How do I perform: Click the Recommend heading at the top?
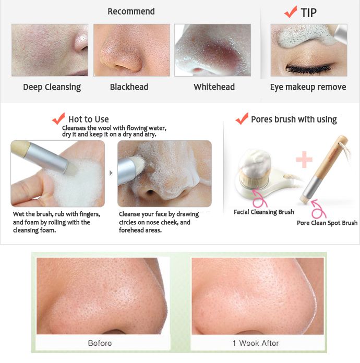(131, 11)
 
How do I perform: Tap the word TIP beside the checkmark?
(308, 13)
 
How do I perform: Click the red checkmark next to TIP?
(291, 11)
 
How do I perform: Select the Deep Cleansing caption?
(52, 87)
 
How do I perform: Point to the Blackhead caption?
(129, 87)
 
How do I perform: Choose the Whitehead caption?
(214, 87)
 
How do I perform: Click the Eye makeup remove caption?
(308, 87)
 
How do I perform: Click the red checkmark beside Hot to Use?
(58, 118)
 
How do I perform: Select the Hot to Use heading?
(89, 119)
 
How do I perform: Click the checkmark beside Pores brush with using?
(242, 118)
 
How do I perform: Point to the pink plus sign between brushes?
(304, 160)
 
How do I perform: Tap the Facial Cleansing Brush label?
(264, 212)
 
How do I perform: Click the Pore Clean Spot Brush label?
(327, 223)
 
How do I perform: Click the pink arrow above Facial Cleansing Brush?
(260, 199)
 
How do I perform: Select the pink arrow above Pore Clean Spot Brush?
(319, 210)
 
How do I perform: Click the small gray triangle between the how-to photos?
(111, 173)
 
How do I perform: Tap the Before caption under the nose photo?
(100, 343)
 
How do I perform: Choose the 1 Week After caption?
(256, 343)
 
